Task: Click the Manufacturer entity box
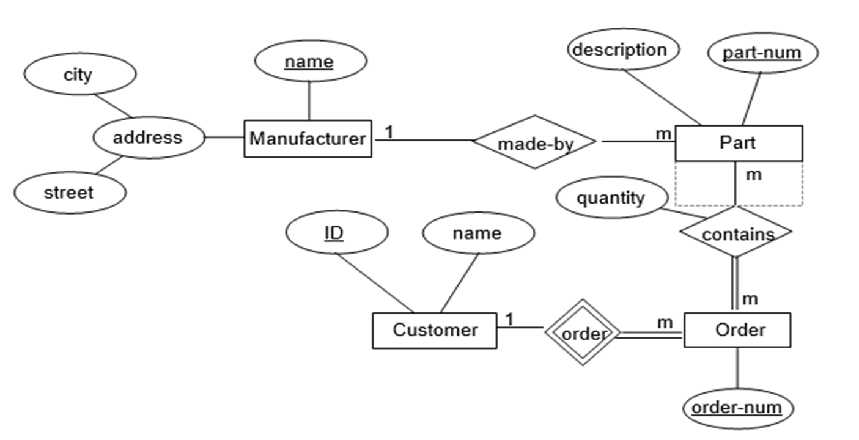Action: (x=308, y=139)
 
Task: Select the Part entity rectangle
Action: (x=738, y=143)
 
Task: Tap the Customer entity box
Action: (x=435, y=331)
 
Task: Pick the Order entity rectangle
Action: (x=737, y=330)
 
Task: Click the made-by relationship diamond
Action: (x=535, y=142)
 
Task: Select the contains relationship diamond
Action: (x=737, y=233)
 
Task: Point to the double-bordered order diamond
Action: (x=583, y=333)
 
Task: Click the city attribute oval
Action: (x=78, y=75)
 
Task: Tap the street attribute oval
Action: (x=69, y=193)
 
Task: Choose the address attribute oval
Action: (x=147, y=137)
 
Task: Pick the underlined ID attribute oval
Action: (x=336, y=233)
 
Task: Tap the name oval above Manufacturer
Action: (x=310, y=62)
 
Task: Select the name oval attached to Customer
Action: (x=478, y=233)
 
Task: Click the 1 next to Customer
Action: (x=509, y=319)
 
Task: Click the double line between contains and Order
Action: (x=735, y=284)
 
